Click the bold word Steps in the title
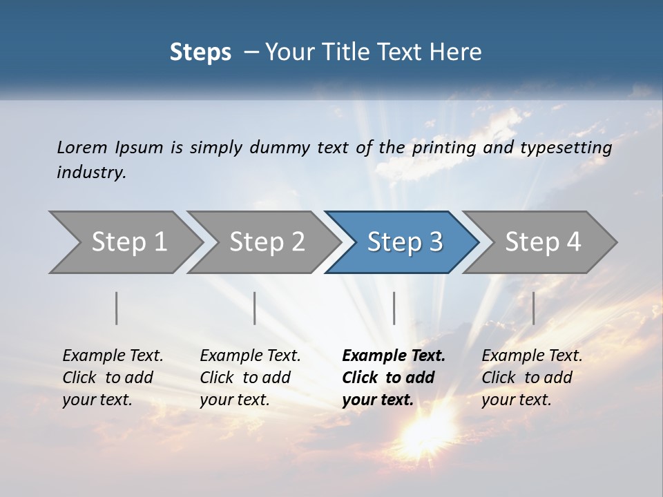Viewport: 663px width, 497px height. [200, 52]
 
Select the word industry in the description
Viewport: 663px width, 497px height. [91, 173]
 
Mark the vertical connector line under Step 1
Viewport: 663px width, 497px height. [117, 308]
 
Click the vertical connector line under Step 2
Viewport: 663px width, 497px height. [255, 308]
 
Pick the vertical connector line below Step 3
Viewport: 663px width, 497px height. [394, 308]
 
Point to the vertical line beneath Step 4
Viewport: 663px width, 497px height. [533, 308]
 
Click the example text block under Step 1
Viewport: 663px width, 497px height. [113, 378]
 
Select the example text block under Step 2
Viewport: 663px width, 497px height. [250, 378]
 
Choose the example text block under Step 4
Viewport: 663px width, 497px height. [532, 378]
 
